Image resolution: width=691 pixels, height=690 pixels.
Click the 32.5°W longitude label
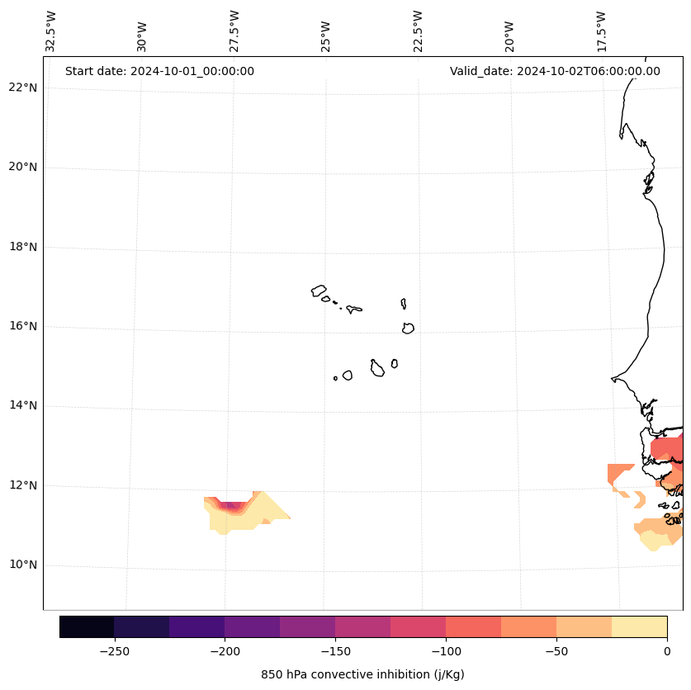[51, 31]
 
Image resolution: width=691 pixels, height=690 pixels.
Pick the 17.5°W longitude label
[602, 31]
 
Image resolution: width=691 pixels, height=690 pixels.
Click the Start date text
[159, 71]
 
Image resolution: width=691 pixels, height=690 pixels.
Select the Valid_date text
[555, 71]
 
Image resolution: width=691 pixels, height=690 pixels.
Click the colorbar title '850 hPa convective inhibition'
[362, 674]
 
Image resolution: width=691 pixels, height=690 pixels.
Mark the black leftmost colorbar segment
[87, 626]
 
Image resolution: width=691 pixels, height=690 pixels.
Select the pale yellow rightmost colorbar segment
[640, 626]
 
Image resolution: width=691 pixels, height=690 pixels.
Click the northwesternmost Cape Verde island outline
[319, 291]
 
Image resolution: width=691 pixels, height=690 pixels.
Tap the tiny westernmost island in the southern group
[335, 378]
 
